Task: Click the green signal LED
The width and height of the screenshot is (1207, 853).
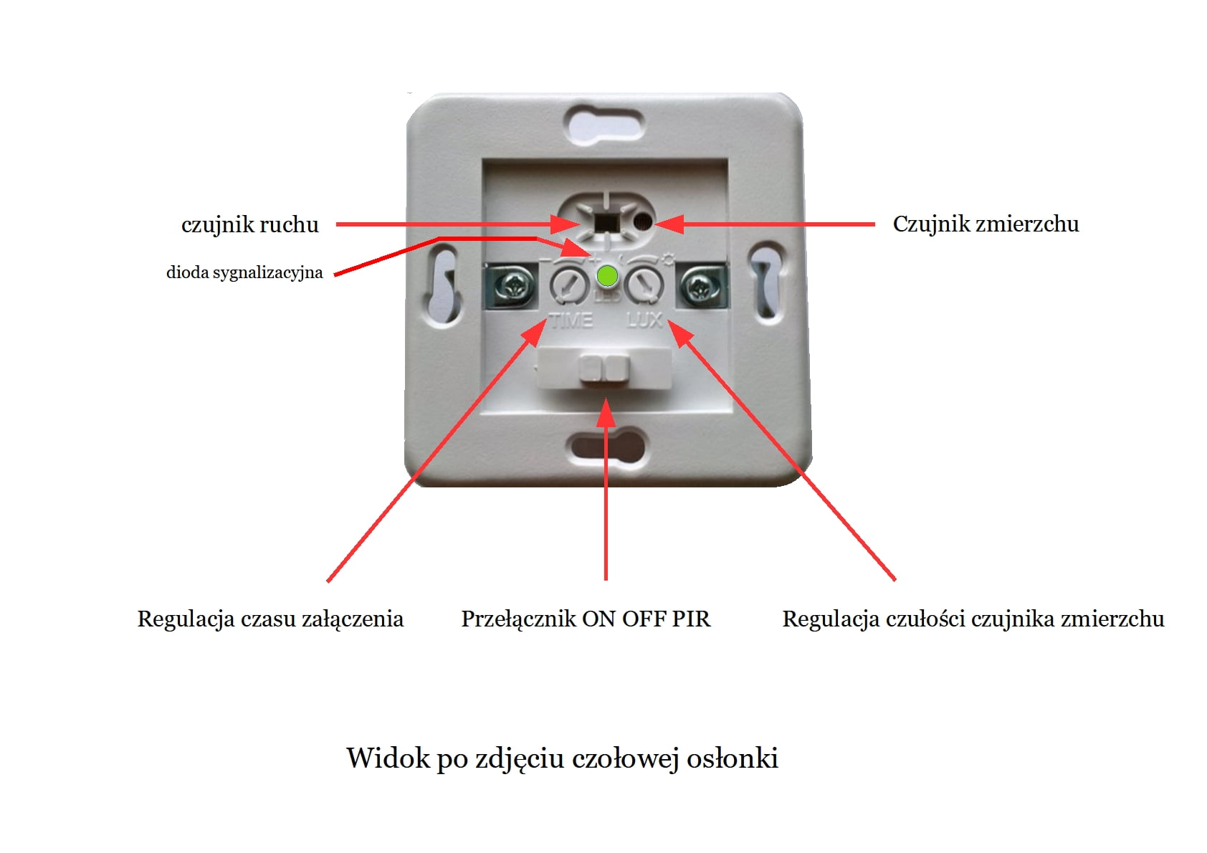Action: (x=608, y=276)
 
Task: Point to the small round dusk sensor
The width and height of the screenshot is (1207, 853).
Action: (x=644, y=221)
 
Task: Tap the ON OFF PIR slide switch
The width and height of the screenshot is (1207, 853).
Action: (x=605, y=368)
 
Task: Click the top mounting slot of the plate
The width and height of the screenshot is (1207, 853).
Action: (x=605, y=123)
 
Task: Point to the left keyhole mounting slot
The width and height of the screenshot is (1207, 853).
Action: (x=444, y=285)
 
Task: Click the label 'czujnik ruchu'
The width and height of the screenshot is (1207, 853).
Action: (x=250, y=224)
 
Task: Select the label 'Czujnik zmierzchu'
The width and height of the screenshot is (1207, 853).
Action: (x=986, y=224)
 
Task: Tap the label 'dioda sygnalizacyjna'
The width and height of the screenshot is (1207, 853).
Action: (x=244, y=272)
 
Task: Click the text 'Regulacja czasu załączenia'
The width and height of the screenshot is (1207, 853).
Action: (x=270, y=619)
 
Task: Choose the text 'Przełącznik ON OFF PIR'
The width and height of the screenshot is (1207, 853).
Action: (x=586, y=619)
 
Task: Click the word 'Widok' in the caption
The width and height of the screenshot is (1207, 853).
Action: (x=388, y=758)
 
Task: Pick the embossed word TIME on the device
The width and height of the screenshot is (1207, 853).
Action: (x=571, y=320)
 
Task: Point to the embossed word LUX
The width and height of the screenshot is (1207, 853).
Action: (x=644, y=320)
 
